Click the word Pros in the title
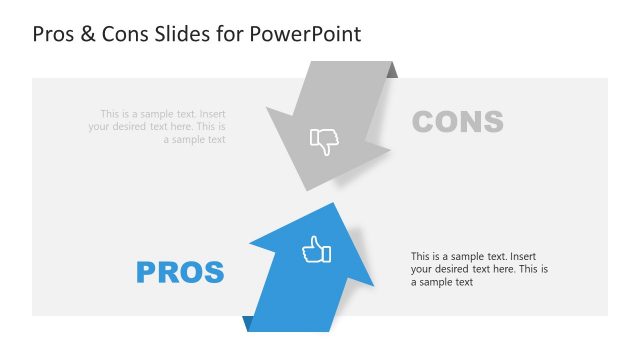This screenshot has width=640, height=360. [54, 34]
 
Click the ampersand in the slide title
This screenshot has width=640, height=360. [89, 34]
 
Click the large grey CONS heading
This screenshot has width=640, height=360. [457, 122]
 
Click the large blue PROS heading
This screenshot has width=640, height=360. [180, 271]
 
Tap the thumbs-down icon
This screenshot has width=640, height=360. [324, 141]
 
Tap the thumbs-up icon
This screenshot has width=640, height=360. [316, 250]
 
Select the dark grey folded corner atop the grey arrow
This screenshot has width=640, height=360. [392, 70]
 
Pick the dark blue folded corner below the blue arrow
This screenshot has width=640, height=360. [247, 323]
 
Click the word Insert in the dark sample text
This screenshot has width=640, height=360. [530, 256]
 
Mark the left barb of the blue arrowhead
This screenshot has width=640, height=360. [252, 245]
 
